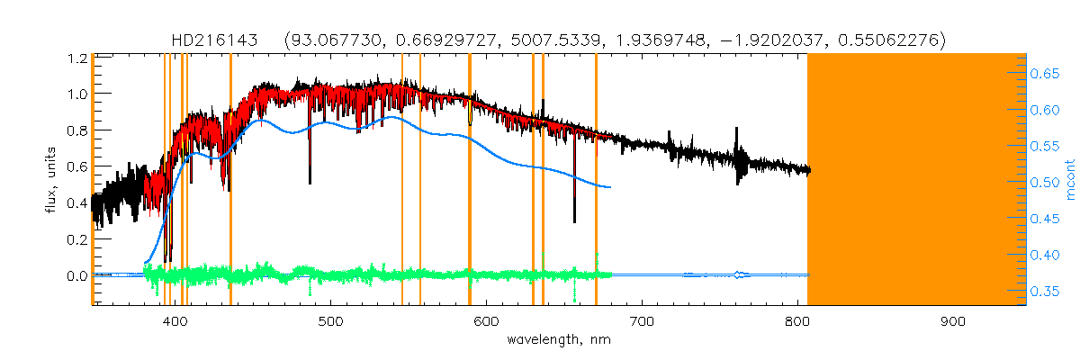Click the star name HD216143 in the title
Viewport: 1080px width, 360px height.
pos(215,40)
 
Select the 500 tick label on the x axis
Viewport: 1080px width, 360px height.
pos(331,321)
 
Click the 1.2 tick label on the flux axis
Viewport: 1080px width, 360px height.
pos(76,58)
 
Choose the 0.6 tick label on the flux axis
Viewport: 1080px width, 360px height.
pos(76,166)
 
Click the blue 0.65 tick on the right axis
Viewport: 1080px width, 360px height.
pos(1046,75)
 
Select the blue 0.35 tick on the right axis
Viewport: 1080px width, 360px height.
pos(1046,292)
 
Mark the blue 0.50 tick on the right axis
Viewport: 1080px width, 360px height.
pos(1046,183)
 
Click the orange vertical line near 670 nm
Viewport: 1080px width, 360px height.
pos(596,180)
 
